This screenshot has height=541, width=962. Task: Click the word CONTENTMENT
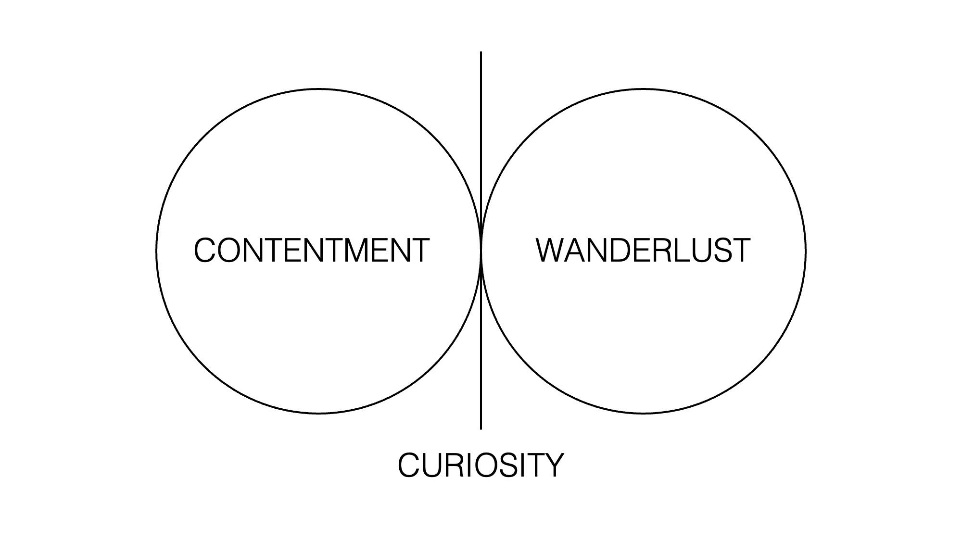click(311, 251)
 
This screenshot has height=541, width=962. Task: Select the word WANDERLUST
click(643, 251)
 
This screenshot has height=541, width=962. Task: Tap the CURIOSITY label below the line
click(481, 465)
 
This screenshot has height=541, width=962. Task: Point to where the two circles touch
click(481, 251)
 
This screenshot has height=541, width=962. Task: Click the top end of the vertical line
click(481, 52)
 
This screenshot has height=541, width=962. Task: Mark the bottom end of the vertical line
click(481, 428)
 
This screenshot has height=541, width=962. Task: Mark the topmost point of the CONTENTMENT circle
click(318, 89)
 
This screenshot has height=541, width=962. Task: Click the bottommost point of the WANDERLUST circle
click(644, 413)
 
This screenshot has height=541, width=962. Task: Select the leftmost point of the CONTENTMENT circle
click(156, 251)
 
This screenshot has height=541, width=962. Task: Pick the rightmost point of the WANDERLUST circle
click(806, 251)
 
